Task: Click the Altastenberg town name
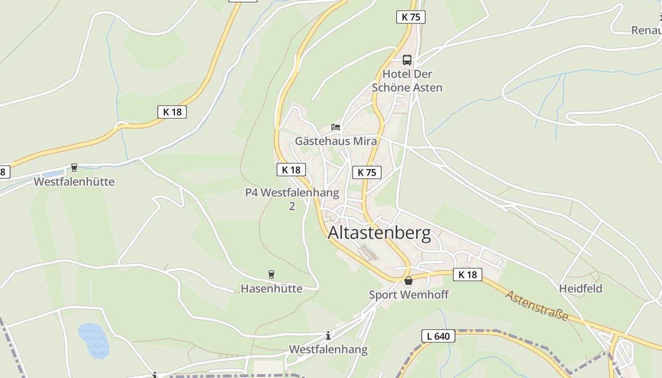(x=379, y=233)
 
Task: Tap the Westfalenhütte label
(x=74, y=181)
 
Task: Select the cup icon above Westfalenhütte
(x=74, y=168)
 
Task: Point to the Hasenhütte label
(x=271, y=288)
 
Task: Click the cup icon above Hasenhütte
(x=271, y=274)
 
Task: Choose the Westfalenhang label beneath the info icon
(x=328, y=350)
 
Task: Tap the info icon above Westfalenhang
(x=328, y=336)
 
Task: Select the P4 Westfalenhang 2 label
(x=292, y=199)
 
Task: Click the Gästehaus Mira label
(x=336, y=141)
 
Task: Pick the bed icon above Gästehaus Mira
(x=336, y=127)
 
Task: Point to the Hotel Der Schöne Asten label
(x=407, y=81)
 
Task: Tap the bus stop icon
(x=407, y=60)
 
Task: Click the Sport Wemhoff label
(x=409, y=295)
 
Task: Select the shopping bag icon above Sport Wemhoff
(x=409, y=281)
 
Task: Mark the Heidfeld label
(x=581, y=288)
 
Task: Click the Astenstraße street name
(x=537, y=306)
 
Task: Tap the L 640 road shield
(x=438, y=336)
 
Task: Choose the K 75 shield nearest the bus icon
(x=410, y=17)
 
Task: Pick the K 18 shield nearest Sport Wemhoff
(x=467, y=275)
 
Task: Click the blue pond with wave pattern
(x=94, y=340)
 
